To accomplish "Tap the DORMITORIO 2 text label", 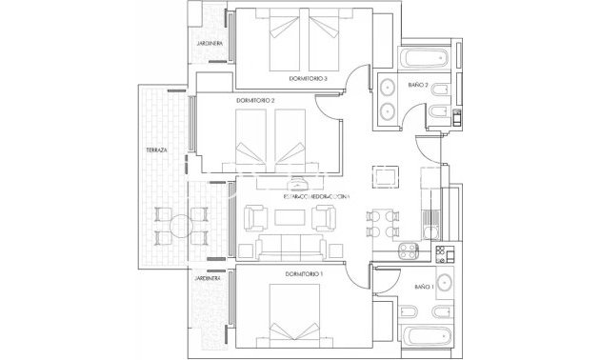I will (255, 100).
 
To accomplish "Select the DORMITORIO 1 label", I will (305, 274).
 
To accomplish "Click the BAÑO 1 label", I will (424, 286).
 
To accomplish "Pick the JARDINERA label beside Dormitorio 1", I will (208, 280).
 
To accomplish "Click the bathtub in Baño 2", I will (429, 58).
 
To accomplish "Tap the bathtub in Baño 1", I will (429, 336).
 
